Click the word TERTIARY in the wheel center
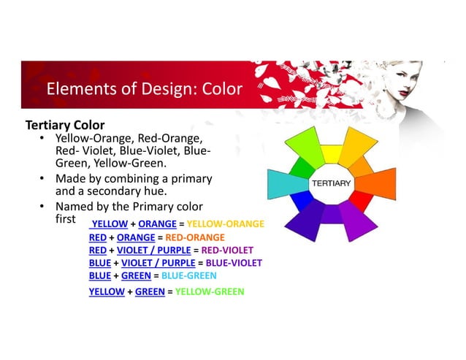(x=332, y=183)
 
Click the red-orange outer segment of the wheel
(x=378, y=184)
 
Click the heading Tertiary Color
(x=65, y=125)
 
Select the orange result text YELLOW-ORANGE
(x=226, y=223)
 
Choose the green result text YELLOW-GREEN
(x=211, y=292)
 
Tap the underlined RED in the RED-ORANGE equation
(x=96, y=237)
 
